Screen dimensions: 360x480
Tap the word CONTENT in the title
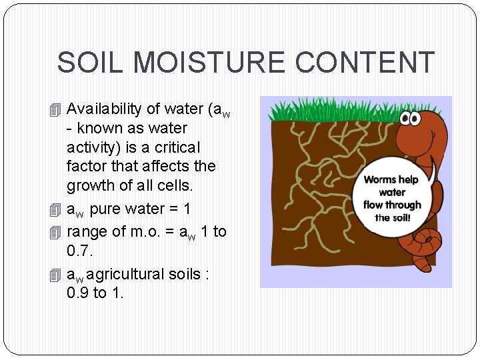365,63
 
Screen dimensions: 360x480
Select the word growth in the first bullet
93,185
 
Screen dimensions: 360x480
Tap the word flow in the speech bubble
375,205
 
